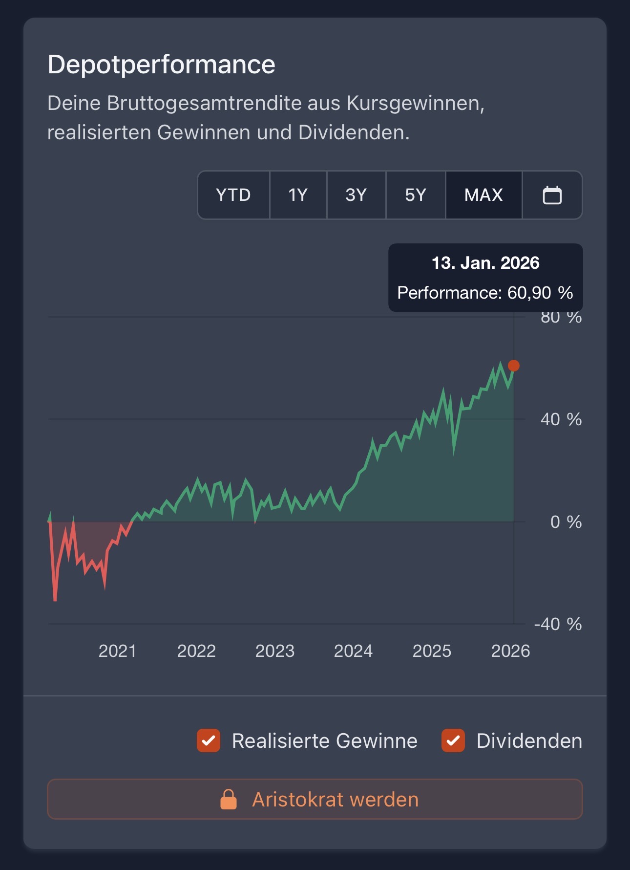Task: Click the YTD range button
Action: coord(233,195)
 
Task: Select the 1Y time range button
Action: coord(298,195)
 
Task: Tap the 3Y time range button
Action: coord(356,195)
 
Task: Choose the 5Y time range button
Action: coord(416,195)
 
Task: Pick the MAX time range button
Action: coord(483,195)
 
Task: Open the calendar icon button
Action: coord(552,195)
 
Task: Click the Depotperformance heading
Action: coord(161,65)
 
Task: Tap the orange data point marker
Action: coord(514,366)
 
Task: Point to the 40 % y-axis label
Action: coord(561,419)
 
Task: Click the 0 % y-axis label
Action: coord(566,522)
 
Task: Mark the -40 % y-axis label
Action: coord(558,624)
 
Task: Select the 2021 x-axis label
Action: coord(117,651)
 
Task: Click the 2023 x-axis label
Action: coord(275,651)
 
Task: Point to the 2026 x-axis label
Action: coord(510,651)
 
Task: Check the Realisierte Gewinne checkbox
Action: coord(209,740)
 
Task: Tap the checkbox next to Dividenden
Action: coord(453,740)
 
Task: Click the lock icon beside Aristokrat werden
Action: coord(229,800)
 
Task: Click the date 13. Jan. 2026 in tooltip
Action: coord(485,263)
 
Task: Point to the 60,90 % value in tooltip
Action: coord(540,293)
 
